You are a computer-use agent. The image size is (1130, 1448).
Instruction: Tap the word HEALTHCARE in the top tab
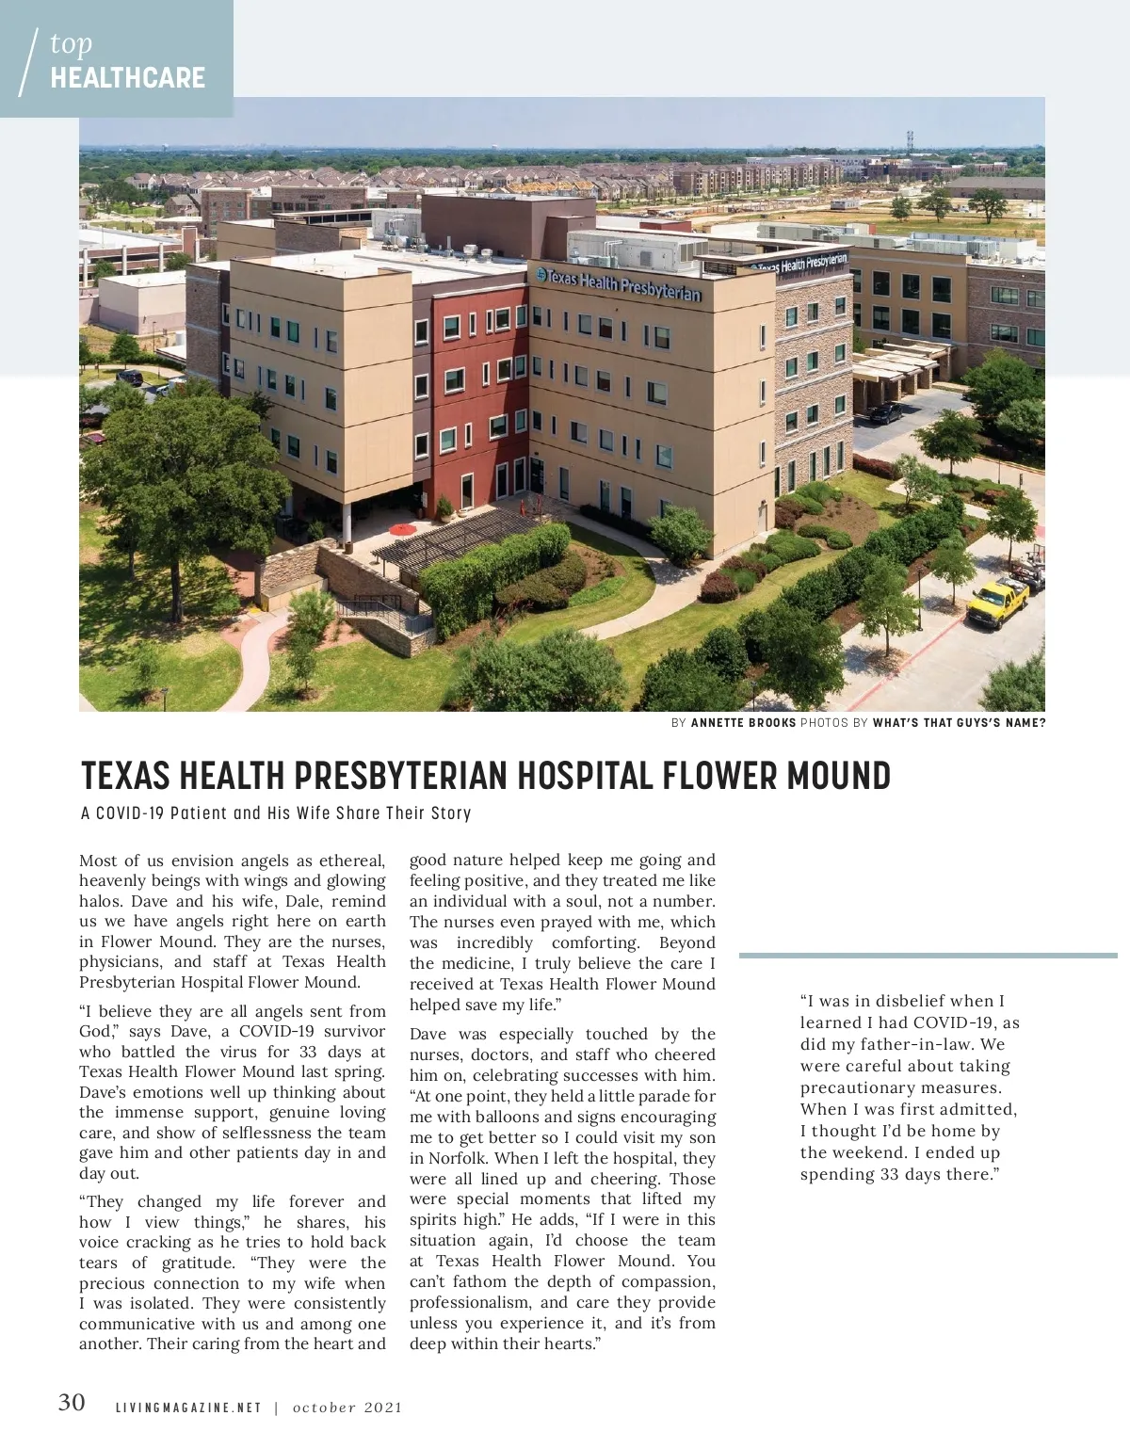point(128,77)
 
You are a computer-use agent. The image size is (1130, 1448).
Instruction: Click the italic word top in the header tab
point(72,43)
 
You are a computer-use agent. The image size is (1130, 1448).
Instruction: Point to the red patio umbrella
point(402,529)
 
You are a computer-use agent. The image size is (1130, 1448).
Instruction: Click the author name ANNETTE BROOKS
point(743,723)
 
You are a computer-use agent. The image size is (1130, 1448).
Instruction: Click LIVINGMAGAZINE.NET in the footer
point(188,1408)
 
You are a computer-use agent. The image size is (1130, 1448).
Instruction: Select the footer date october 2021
point(347,1408)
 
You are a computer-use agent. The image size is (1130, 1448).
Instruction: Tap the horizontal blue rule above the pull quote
point(928,956)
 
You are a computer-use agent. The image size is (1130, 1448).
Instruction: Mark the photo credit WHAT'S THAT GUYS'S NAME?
point(959,723)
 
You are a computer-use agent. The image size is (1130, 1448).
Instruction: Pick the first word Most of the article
point(98,861)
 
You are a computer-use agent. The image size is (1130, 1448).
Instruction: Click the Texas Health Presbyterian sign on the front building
point(619,284)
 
